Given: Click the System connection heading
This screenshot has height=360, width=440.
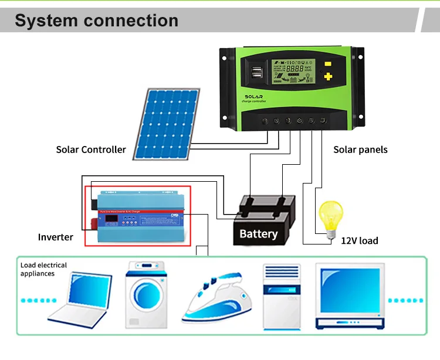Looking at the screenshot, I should coord(96,21).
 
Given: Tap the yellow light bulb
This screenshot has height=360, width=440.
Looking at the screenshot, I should coord(330,217).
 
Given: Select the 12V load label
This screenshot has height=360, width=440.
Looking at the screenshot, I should coord(359,241).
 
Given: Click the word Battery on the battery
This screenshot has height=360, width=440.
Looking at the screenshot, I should coord(258,234).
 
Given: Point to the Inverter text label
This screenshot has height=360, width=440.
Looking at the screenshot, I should coord(56,237).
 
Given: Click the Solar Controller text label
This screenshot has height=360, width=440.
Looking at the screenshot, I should coord(91,150).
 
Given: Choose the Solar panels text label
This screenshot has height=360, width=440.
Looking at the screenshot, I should coord(360,150).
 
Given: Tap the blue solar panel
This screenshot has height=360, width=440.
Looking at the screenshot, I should coord(164,123).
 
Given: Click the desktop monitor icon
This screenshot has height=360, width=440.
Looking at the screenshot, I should coord(350,296).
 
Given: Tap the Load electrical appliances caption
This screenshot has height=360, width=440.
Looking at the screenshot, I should coord(43,269).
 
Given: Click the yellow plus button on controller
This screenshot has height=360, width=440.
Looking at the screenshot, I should coord(329,76).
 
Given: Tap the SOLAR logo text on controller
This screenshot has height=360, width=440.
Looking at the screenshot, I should coord(253,97).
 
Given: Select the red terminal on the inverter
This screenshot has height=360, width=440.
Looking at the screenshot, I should coord(94,223).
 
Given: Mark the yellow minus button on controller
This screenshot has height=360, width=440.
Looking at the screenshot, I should coord(329,63).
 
